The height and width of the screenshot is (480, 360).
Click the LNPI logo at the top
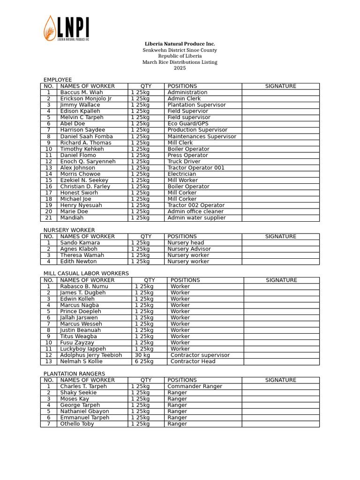coord(66,28)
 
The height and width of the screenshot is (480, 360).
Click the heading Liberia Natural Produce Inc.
coord(180,44)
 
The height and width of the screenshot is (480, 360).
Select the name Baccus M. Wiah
coord(82,92)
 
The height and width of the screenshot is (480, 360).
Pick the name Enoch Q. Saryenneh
coord(88,161)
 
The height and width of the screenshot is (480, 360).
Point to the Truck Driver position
coord(184,161)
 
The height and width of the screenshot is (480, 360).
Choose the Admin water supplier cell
coord(196,217)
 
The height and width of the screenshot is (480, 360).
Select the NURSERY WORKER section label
coord(69,230)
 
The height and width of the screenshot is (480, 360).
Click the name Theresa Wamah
coord(82,255)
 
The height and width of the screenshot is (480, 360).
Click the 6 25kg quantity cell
coord(144,361)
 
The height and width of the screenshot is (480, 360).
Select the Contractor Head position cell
coord(193,361)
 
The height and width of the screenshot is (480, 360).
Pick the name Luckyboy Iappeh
coord(83,349)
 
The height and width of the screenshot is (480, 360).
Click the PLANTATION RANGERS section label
coord(74,374)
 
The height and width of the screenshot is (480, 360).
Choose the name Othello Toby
coord(77,424)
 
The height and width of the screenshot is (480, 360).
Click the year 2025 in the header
coord(180,68)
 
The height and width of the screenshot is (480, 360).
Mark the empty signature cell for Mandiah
coord(280,217)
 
